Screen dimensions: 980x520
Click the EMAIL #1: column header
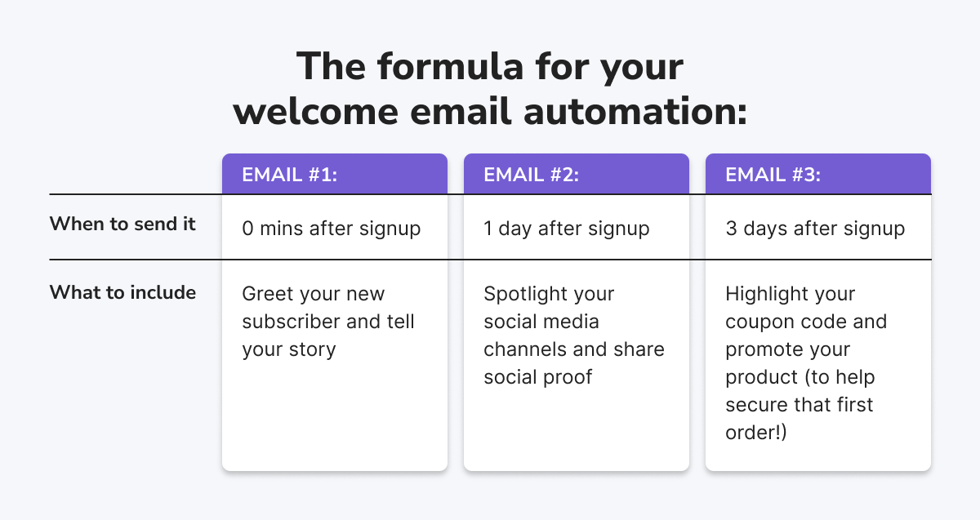click(x=290, y=175)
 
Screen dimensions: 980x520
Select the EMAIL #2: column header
click(x=531, y=175)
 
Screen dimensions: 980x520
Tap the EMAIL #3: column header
click(x=773, y=175)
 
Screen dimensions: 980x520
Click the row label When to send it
click(x=122, y=224)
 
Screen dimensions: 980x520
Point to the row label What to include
click(x=122, y=292)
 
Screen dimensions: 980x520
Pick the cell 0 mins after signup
click(x=332, y=229)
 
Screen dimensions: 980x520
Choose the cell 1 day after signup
click(x=567, y=229)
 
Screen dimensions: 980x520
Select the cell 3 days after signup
click(x=815, y=229)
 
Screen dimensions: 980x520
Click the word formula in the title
click(x=451, y=66)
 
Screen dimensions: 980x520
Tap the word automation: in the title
click(x=635, y=112)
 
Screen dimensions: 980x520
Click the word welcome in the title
click(x=315, y=112)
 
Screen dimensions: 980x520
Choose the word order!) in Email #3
click(x=756, y=433)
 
